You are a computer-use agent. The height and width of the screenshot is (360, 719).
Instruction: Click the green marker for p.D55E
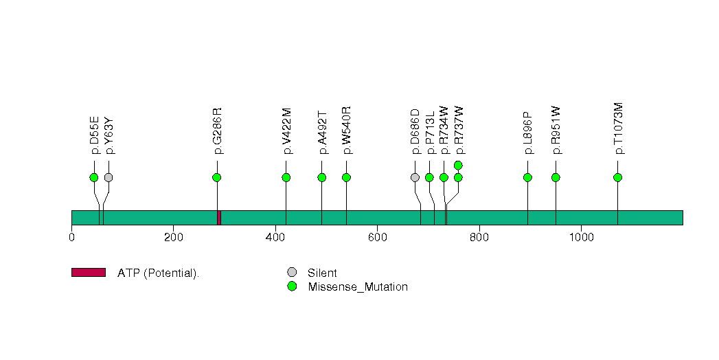click(x=94, y=177)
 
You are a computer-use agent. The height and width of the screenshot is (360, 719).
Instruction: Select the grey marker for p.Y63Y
click(x=109, y=177)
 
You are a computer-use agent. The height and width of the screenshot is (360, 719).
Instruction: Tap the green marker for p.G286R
click(x=217, y=177)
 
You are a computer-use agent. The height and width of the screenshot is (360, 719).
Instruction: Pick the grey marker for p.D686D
click(x=415, y=177)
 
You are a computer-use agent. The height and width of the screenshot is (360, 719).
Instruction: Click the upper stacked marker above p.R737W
click(x=458, y=165)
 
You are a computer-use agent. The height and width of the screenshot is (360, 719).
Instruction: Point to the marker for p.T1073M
click(x=617, y=177)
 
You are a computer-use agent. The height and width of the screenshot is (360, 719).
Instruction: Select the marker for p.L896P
click(x=528, y=177)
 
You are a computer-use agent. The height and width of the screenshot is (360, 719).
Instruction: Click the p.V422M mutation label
click(x=286, y=131)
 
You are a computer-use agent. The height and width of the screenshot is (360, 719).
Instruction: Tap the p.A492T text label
click(x=322, y=132)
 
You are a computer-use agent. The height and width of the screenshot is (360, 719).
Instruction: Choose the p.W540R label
click(x=347, y=131)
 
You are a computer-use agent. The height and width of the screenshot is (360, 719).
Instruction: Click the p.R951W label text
click(x=556, y=131)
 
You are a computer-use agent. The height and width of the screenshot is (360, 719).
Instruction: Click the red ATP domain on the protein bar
click(x=219, y=218)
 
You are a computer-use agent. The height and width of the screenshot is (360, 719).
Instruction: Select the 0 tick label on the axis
click(x=71, y=237)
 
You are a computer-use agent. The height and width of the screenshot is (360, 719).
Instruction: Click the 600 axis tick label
click(x=378, y=237)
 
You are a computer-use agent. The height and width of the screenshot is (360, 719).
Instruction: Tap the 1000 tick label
click(x=582, y=237)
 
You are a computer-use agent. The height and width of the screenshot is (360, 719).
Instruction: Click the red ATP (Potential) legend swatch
click(x=89, y=273)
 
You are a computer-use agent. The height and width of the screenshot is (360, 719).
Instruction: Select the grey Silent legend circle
click(x=292, y=273)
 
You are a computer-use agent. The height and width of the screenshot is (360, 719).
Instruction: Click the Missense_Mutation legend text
click(x=358, y=286)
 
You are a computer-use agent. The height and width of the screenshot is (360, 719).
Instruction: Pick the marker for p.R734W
click(x=444, y=177)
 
